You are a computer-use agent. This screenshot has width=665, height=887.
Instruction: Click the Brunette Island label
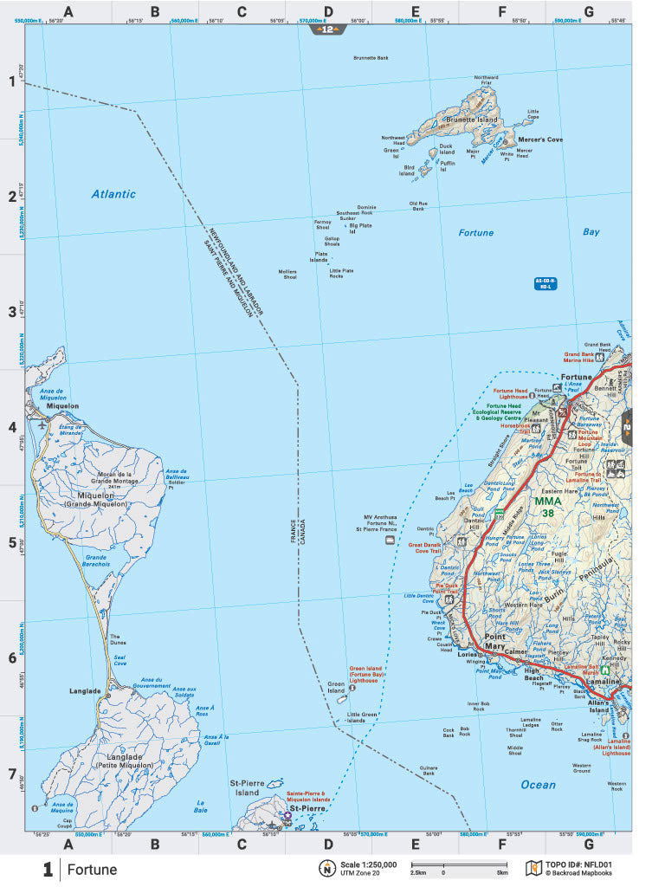[473, 120]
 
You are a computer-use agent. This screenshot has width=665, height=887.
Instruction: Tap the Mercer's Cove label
[540, 139]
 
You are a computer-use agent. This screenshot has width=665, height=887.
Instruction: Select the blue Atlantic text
[113, 194]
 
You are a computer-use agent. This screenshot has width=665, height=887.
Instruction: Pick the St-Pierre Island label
[244, 787]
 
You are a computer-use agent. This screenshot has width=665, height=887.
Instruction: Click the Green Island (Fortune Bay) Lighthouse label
[366, 675]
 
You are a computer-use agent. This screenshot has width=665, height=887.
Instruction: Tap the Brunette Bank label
[371, 58]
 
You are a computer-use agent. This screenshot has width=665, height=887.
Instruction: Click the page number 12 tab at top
[328, 29]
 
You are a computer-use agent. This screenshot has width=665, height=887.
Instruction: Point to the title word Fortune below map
[92, 870]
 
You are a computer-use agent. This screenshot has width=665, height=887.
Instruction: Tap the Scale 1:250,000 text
[368, 864]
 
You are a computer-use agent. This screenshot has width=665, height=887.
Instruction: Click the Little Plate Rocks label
[341, 273]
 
